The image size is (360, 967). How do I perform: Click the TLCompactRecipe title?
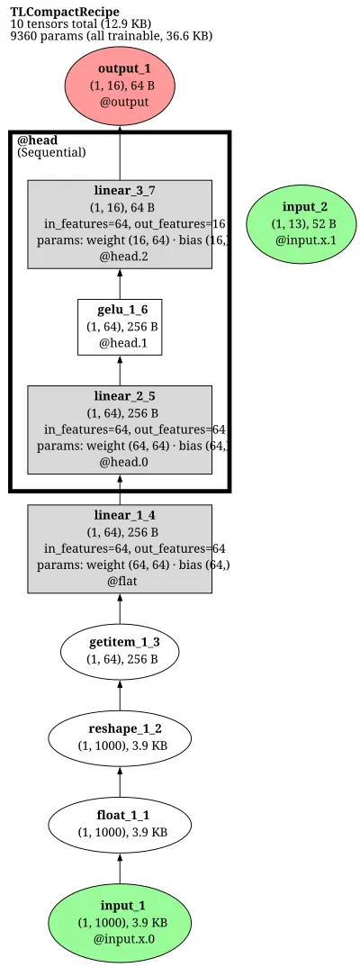coord(65,12)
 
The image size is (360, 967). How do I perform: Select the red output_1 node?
coord(120,86)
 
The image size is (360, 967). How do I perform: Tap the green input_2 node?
coord(301,222)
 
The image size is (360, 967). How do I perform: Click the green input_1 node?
coord(120,922)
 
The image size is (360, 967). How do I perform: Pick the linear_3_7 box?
coord(120,224)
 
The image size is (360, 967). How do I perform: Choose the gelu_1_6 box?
coord(120,327)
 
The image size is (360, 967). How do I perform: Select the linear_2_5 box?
coord(120,429)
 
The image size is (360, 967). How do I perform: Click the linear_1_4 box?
coord(120,549)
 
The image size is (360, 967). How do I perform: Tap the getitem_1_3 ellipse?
coord(120,651)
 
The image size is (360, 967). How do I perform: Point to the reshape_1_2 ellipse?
coord(120,737)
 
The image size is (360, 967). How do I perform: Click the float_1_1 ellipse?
coord(120,823)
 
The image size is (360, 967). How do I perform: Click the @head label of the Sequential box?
coord(37,140)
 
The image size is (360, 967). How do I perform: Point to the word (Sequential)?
coord(51,152)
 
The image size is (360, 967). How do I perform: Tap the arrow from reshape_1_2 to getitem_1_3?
coord(120,694)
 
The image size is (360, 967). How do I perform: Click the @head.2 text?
coord(124,256)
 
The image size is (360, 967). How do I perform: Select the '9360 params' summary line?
coord(111,36)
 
